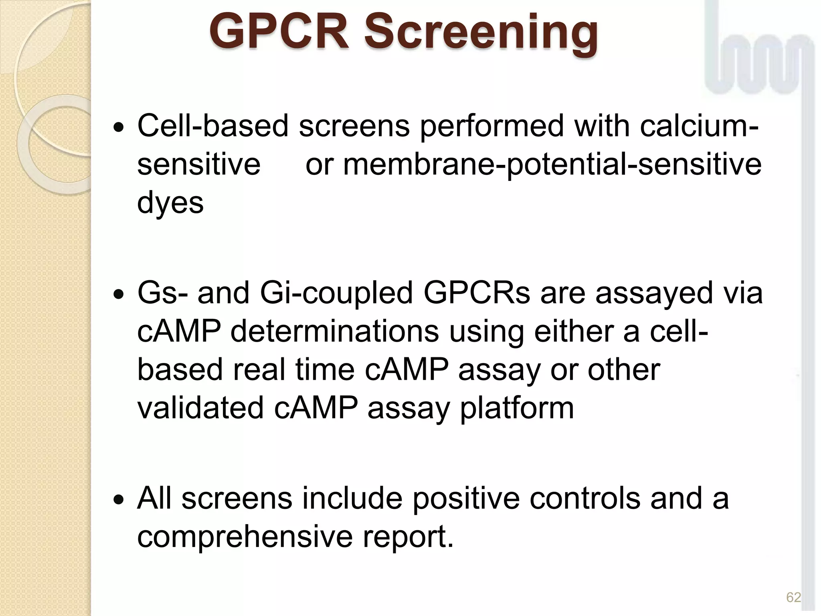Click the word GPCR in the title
coord(278,32)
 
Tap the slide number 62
coord(793,598)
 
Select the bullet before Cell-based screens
coord(119,129)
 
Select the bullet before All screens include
coord(119,501)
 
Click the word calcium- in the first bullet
coord(699,126)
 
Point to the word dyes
coord(170,203)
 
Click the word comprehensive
coord(245,537)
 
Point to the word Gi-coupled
coord(336,293)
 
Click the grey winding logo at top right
coord(760,52)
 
